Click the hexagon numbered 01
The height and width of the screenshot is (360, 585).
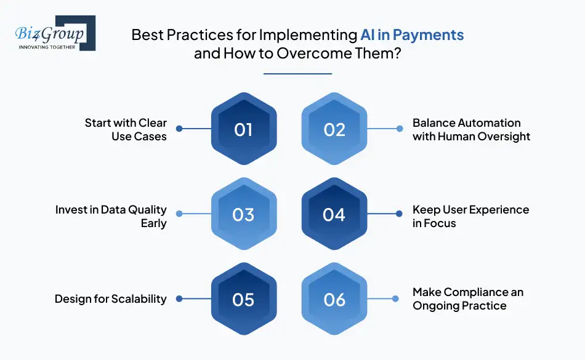click(x=244, y=129)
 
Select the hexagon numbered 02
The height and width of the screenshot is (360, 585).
click(x=334, y=129)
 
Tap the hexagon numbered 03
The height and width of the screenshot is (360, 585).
click(x=244, y=214)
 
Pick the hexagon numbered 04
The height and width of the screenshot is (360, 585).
click(x=334, y=214)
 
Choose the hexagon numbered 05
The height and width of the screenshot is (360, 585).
click(x=244, y=298)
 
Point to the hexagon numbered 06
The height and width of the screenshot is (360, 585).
click(x=334, y=298)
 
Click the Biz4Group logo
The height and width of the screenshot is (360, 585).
click(x=55, y=33)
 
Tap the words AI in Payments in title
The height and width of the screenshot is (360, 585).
click(x=412, y=34)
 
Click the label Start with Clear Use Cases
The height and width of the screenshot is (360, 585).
click(x=126, y=130)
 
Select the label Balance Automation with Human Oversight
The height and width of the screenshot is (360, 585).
click(x=471, y=130)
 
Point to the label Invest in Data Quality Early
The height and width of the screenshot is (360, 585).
click(x=111, y=217)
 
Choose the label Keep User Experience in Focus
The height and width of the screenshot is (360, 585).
click(x=470, y=216)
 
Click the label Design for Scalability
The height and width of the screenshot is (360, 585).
click(x=110, y=299)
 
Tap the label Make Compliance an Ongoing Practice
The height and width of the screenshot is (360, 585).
click(x=468, y=299)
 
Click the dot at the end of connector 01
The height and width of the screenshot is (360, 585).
click(x=179, y=129)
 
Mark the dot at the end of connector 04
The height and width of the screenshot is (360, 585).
click(x=399, y=214)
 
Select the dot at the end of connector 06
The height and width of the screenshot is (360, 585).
click(x=395, y=298)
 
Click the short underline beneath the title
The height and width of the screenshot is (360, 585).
click(x=297, y=74)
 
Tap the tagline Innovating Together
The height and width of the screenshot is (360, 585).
click(x=47, y=47)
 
